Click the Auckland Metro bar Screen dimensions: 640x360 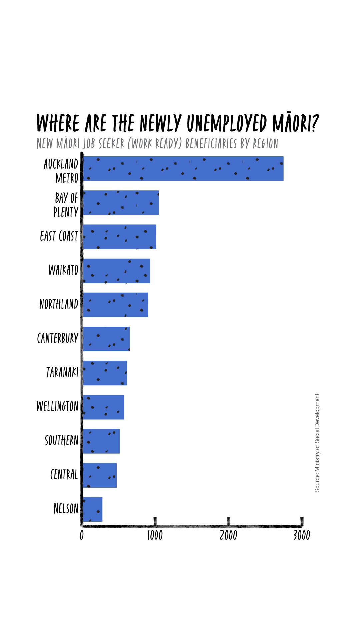point(183,169)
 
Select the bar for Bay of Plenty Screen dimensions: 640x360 point(121,203)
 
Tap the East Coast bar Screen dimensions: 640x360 point(119,237)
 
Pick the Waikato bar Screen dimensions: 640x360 point(116,271)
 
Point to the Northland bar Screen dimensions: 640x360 point(115,305)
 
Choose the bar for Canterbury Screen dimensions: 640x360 point(106,339)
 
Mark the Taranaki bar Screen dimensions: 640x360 point(105,373)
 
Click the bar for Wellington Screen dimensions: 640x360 point(103,407)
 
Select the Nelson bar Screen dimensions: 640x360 point(93,509)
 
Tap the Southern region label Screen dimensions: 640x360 point(62,441)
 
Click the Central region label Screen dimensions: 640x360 point(64,475)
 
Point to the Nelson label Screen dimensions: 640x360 point(66,509)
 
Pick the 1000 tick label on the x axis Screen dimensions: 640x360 point(155,535)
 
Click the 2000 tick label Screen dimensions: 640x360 point(228,535)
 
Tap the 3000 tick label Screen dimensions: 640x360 point(302,535)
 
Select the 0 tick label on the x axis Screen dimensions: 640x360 point(82,535)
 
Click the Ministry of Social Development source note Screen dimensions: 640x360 point(317,442)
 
